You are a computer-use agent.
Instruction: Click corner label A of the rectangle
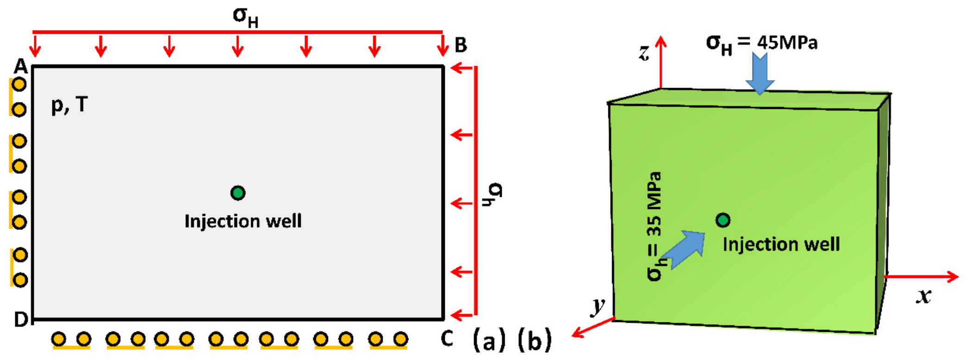[x=20, y=67]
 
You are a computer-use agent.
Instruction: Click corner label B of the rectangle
[x=461, y=45]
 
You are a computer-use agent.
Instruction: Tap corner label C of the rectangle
[x=447, y=339]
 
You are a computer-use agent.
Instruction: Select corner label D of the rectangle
[x=21, y=319]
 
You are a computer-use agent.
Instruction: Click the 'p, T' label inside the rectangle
[x=70, y=105]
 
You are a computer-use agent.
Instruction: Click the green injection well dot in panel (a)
[x=238, y=193]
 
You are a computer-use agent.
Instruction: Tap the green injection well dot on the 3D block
[x=723, y=220]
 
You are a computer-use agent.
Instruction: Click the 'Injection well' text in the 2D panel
[x=243, y=221]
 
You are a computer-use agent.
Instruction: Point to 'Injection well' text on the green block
[x=781, y=244]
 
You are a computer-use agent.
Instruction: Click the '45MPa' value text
[x=788, y=43]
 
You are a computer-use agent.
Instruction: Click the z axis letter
[x=644, y=52]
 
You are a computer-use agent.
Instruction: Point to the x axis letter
[x=923, y=296]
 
